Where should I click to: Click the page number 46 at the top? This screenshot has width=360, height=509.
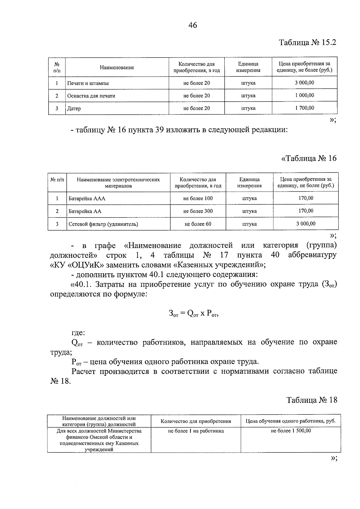click(x=193, y=25)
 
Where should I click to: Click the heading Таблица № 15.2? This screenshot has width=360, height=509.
click(x=307, y=43)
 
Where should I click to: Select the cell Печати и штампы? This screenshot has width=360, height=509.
click(x=88, y=83)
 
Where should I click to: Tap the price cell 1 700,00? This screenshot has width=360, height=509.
click(x=304, y=108)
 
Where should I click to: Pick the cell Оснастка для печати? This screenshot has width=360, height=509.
click(x=91, y=96)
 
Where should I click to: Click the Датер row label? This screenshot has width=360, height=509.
click(x=74, y=109)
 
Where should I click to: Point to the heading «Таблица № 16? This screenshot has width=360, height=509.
click(x=309, y=158)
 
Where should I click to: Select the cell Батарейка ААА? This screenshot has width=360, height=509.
click(x=87, y=199)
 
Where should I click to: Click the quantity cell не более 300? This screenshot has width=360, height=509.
click(x=198, y=211)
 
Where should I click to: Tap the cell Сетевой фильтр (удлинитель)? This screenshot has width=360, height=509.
click(x=103, y=224)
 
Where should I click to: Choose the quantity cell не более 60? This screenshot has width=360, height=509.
click(x=198, y=224)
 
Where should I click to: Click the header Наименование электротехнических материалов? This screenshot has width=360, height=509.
click(x=118, y=183)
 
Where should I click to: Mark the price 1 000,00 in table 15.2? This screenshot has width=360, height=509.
click(x=304, y=95)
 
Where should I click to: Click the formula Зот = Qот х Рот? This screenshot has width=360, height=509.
click(x=193, y=313)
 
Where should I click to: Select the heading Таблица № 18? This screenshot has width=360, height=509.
click(x=311, y=400)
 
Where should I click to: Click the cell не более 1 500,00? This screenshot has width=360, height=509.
click(x=291, y=431)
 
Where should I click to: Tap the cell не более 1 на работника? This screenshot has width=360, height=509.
click(x=196, y=431)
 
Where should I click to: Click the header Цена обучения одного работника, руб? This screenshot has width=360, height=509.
click(x=290, y=421)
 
